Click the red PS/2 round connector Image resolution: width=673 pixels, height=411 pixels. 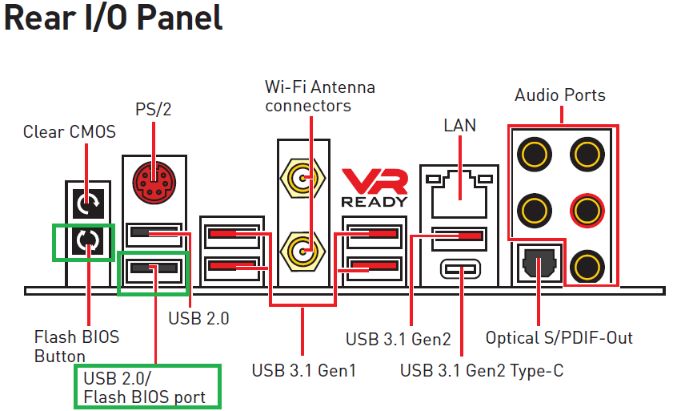tap(154, 182)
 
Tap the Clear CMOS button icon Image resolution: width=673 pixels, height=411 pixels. tap(88, 203)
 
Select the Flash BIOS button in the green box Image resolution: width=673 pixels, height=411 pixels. tap(88, 241)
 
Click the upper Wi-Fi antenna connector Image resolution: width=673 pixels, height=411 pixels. tap(302, 178)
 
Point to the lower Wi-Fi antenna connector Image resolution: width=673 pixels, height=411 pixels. tap(302, 252)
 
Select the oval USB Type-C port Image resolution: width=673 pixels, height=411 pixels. tap(461, 269)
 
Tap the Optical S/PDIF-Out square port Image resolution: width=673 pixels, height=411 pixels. tap(539, 263)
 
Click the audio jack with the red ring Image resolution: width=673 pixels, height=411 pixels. tap(587, 211)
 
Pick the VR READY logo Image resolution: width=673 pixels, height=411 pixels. tap(375, 187)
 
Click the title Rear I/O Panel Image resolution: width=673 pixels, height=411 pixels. tap(114, 18)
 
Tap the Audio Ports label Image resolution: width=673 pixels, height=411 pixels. tap(560, 95)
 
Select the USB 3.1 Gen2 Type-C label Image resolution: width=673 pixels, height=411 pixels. tap(482, 370)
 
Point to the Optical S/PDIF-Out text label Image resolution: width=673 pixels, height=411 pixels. tap(559, 338)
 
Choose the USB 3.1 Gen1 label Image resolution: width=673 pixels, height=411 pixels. tap(304, 370)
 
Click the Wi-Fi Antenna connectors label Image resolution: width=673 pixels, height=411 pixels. tap(320, 96)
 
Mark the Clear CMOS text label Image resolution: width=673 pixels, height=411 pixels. tap(70, 131)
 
